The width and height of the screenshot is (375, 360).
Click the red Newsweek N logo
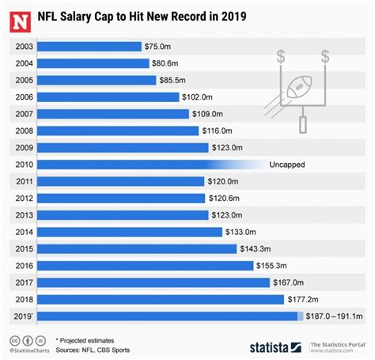point(18,17)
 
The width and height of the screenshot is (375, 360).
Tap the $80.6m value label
point(167,63)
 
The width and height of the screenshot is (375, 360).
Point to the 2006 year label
point(24,97)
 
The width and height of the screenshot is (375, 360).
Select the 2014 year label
point(24,232)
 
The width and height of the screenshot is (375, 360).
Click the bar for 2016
point(143,265)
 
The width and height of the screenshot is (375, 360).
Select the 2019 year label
point(24,316)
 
